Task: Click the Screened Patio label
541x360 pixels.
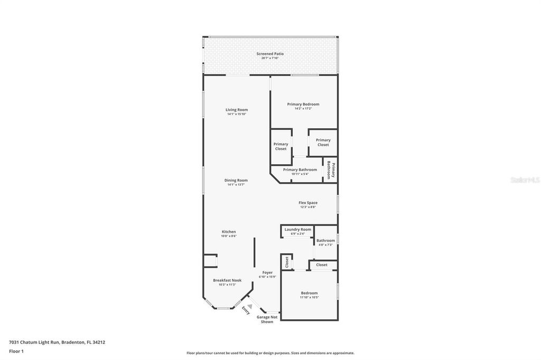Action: click(x=270, y=53)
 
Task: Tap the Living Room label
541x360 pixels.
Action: click(x=237, y=110)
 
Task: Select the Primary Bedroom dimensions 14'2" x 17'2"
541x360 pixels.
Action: click(x=303, y=109)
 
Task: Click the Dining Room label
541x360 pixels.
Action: click(x=237, y=180)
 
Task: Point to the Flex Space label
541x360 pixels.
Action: click(x=308, y=203)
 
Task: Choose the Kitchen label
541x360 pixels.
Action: click(x=229, y=232)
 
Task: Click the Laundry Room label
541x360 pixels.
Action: click(x=298, y=230)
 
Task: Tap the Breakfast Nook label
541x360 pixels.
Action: click(x=227, y=280)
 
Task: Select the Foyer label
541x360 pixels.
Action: click(x=267, y=272)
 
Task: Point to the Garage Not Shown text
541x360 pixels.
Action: click(x=267, y=319)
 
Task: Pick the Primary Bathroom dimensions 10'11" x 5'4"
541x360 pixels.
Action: click(x=300, y=174)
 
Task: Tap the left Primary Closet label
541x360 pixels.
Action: click(x=281, y=146)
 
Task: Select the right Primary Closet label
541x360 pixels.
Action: click(x=323, y=142)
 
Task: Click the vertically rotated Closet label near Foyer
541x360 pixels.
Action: click(x=287, y=262)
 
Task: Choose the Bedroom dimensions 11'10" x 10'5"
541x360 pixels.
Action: click(x=309, y=297)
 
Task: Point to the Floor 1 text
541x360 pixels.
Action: click(x=16, y=351)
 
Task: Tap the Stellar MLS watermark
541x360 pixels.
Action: click(x=525, y=180)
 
